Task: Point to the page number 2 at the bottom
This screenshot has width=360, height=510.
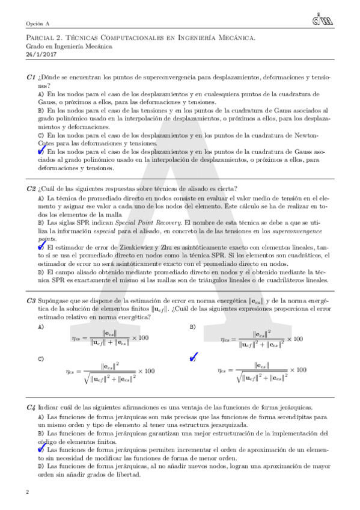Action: point(28,493)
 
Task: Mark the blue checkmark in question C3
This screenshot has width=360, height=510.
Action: point(194,359)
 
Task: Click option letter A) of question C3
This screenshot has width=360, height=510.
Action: point(41,327)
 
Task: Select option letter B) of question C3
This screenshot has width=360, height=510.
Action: point(193,327)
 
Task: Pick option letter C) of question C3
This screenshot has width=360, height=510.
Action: point(41,359)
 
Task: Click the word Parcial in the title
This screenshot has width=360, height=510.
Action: point(41,38)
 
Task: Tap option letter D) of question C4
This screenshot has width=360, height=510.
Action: point(41,465)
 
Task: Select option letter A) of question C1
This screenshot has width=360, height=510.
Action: point(41,94)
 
